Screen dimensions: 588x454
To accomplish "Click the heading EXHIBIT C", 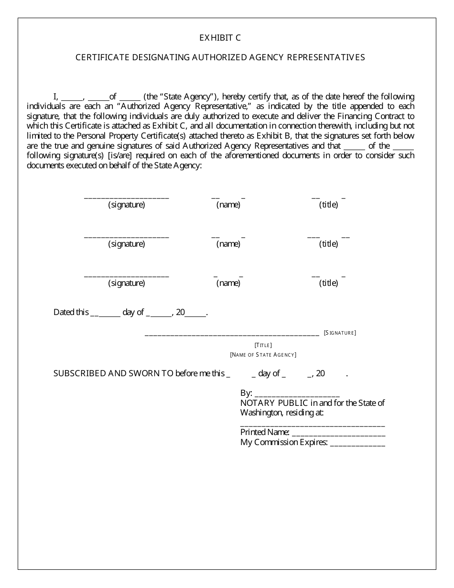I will (x=220, y=38).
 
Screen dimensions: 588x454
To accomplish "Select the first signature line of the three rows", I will (x=126, y=197).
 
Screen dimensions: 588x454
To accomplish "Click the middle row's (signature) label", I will (x=126, y=244).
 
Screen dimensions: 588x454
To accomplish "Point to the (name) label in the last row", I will (x=228, y=283).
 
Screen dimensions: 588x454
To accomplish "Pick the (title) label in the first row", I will (x=328, y=205).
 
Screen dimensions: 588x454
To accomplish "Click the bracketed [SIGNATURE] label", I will (x=340, y=333).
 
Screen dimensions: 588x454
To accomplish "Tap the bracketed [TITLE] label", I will (x=263, y=345).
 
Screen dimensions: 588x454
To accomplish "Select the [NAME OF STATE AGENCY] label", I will (x=263, y=355).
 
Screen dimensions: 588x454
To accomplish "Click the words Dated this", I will (x=71, y=313).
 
